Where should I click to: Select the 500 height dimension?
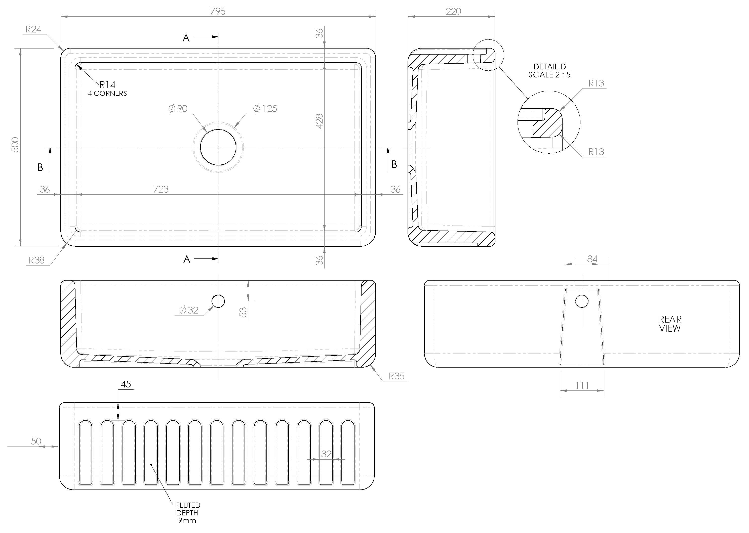15,145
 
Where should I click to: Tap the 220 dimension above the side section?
453,12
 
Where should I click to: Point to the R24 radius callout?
33,29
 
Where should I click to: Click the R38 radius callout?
36,260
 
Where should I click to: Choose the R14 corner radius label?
108,85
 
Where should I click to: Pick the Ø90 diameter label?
178,108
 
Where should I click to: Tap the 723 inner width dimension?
161,189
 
